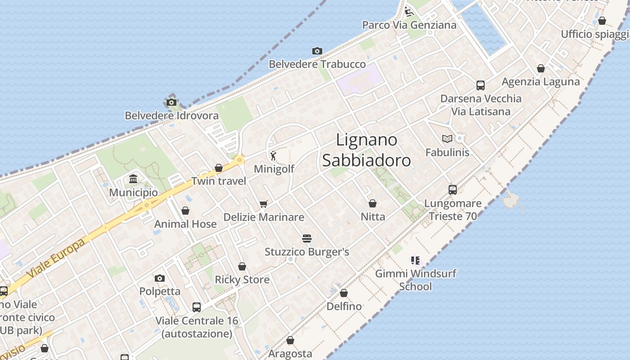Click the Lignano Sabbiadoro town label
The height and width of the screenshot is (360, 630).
pos(366,150)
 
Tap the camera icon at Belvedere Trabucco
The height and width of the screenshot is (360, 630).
pos(317,51)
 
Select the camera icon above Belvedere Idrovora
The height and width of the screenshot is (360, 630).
pos(171,102)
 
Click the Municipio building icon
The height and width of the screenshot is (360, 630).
pos(133,180)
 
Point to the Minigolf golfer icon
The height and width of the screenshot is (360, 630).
pos(273,156)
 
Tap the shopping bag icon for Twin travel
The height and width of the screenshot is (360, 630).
pos(219,168)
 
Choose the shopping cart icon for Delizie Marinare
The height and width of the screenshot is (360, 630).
pos(264,204)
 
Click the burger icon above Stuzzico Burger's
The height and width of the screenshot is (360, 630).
pos(307,238)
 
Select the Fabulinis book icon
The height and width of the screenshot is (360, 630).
pos(447,139)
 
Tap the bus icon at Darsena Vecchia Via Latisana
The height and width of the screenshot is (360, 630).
pos(481,85)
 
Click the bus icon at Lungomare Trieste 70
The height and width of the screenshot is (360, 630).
pos(453,189)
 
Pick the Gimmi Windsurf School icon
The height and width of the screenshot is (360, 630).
pos(415,260)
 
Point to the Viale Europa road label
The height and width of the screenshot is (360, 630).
pos(56,258)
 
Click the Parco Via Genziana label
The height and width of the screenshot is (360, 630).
pos(409,25)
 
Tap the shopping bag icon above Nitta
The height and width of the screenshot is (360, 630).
pos(373,203)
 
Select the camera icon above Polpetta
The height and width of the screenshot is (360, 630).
pos(160,278)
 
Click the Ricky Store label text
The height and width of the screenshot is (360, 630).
pos(242,279)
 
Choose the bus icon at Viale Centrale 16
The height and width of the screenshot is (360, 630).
pos(197,307)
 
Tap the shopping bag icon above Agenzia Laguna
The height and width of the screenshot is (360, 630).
pos(541,68)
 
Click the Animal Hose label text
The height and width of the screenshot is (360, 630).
pos(185,224)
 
